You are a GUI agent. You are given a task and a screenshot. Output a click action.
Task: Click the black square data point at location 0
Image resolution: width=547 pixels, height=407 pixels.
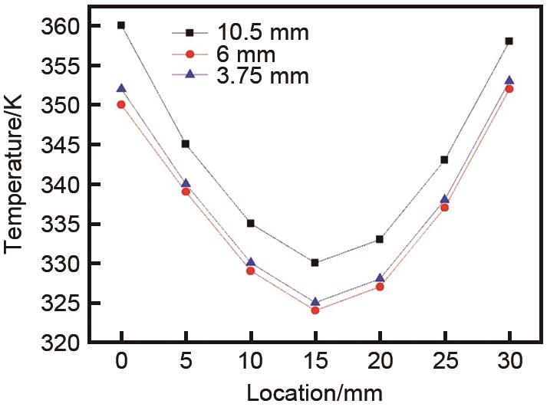click(x=121, y=25)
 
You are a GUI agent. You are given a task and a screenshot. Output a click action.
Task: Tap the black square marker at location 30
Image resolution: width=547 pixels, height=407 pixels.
click(x=509, y=41)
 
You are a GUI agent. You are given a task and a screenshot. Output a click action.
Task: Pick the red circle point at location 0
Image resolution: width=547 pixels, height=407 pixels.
click(x=121, y=104)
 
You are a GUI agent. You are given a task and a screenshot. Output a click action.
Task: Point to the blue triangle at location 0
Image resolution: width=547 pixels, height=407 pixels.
click(x=121, y=88)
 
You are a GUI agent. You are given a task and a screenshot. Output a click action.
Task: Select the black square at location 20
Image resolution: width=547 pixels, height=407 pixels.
click(x=379, y=239)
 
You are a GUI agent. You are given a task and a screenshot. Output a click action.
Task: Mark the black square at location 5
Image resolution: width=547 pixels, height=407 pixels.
click(x=186, y=144)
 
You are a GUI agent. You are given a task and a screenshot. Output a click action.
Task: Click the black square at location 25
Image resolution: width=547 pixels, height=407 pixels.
click(x=444, y=160)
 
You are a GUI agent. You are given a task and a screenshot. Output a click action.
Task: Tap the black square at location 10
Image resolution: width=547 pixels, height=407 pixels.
click(x=250, y=223)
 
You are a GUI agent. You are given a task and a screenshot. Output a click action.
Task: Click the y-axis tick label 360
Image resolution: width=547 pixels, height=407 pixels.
click(x=61, y=26)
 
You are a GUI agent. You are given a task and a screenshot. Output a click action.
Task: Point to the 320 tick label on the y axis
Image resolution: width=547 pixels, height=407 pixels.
click(x=61, y=343)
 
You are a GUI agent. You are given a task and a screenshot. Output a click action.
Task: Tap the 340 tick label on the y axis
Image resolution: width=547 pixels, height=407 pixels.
click(x=61, y=184)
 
